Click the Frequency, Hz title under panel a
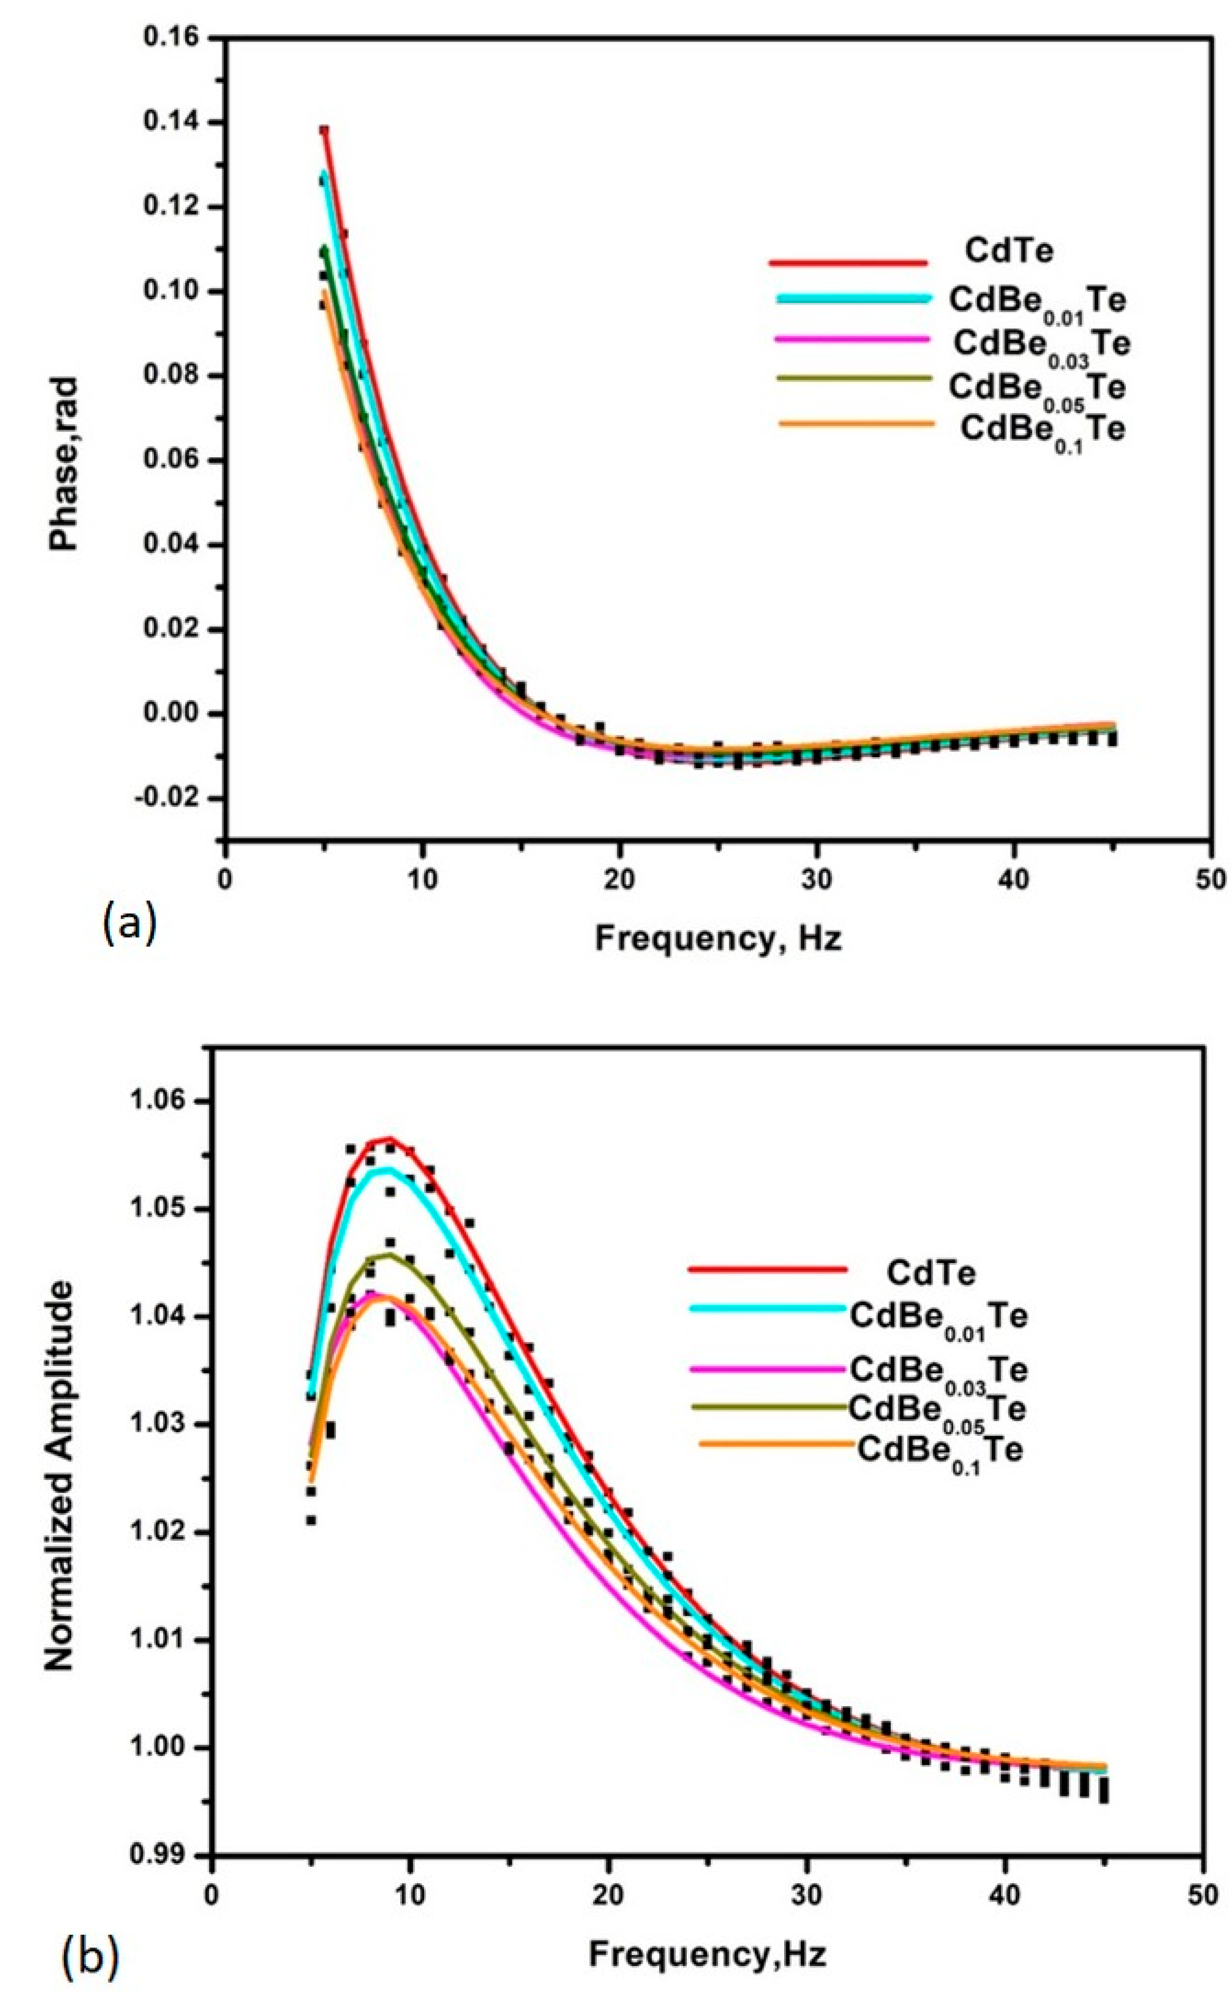[718, 938]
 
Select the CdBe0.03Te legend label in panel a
[1042, 344]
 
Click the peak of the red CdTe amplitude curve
[390, 1139]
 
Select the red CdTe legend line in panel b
[767, 1269]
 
